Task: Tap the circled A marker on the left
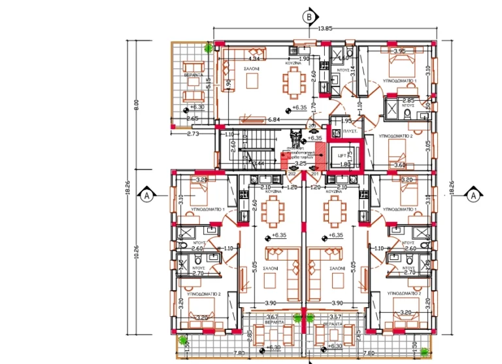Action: (x=147, y=195)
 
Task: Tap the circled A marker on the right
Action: (x=473, y=194)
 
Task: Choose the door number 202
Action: (x=292, y=173)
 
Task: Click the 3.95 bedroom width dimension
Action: (x=400, y=51)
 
